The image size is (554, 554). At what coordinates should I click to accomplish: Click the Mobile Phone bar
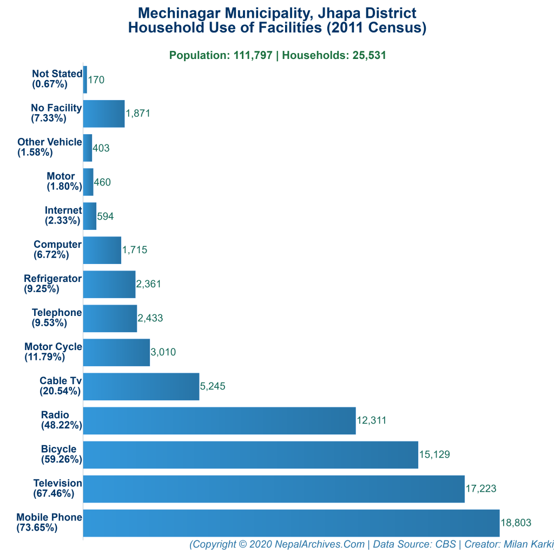click(291, 523)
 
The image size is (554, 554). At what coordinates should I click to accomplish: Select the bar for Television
click(274, 489)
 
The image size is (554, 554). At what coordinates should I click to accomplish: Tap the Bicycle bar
click(250, 454)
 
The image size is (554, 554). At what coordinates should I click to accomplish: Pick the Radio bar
click(219, 420)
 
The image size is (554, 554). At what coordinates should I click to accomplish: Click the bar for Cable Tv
click(141, 386)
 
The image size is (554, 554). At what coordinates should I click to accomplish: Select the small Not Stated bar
click(85, 80)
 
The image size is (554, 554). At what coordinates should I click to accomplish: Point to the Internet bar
click(90, 216)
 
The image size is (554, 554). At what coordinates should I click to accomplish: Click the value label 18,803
click(516, 523)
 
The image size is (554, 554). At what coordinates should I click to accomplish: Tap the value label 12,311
click(372, 420)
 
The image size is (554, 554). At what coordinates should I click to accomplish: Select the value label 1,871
click(138, 114)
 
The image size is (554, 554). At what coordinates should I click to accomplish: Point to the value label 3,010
click(163, 352)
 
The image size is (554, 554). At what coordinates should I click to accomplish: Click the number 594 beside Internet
click(105, 216)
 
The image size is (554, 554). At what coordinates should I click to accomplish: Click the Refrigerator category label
click(52, 279)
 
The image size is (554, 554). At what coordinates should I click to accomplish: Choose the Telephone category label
click(57, 313)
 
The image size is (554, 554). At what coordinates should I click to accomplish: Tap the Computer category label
click(57, 245)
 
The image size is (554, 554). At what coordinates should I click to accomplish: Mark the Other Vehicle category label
click(50, 142)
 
